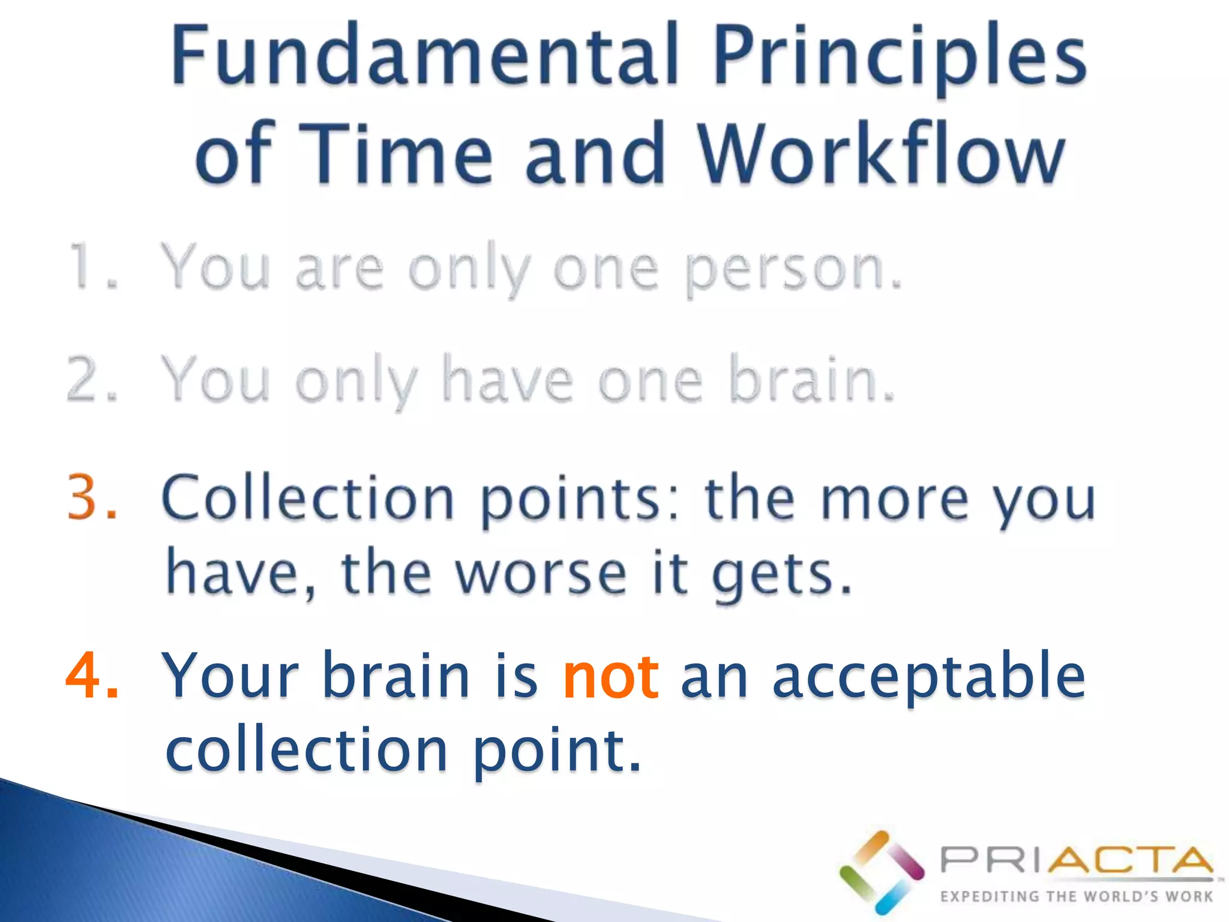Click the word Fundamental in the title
[x=425, y=55]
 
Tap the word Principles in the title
[x=900, y=57]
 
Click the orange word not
[x=611, y=676]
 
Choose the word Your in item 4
[x=230, y=676]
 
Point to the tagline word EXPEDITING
[x=990, y=897]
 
